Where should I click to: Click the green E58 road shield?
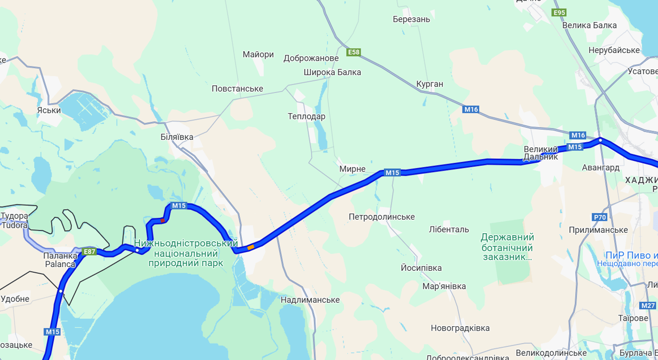[354, 52]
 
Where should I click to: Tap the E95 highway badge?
[559, 13]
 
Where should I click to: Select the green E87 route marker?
[89, 252]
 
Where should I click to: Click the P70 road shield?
[600, 217]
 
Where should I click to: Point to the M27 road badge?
[648, 306]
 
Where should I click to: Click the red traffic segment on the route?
[163, 220]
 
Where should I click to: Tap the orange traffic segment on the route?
[250, 247]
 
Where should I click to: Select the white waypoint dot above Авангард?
[600, 140]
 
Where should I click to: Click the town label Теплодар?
[306, 117]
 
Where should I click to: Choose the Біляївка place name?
[177, 137]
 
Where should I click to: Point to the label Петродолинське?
[382, 217]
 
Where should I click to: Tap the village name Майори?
[258, 54]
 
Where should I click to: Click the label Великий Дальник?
[540, 153]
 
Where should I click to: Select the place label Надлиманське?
[310, 300]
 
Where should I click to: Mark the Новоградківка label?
[460, 328]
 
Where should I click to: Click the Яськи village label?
[49, 110]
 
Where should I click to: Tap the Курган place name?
[430, 84]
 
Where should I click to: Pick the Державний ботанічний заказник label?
[507, 247]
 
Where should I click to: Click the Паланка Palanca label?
[60, 260]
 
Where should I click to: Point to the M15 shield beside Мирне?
[392, 173]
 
